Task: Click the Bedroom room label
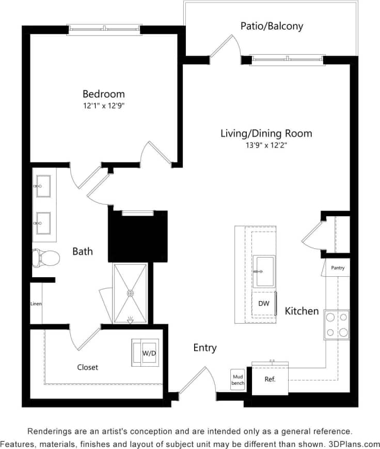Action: [104, 94]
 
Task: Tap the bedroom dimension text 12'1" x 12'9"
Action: [104, 106]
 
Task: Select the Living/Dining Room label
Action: [266, 133]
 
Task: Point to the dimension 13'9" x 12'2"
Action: [266, 145]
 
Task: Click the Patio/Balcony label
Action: [272, 26]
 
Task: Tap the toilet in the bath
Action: [45, 257]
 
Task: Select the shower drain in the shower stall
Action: [130, 293]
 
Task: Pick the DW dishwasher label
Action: [264, 304]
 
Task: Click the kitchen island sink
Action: [264, 271]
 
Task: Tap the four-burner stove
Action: [337, 324]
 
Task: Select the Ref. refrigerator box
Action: [270, 379]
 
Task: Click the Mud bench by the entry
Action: [237, 380]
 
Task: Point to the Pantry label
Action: [338, 268]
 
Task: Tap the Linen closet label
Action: [36, 304]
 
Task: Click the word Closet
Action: [87, 367]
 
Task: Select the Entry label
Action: [205, 348]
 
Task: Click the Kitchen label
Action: [302, 311]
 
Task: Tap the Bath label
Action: [83, 251]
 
